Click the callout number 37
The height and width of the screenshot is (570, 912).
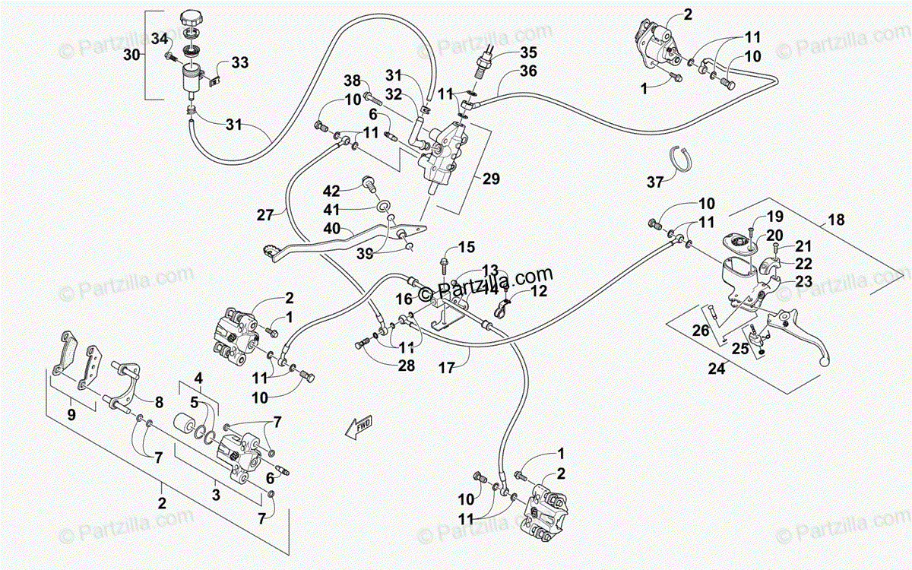click(655, 182)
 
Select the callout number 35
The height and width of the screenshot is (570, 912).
click(528, 52)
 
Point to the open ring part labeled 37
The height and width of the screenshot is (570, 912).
click(682, 157)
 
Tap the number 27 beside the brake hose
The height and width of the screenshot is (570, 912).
click(264, 215)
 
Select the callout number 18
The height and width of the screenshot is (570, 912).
click(836, 220)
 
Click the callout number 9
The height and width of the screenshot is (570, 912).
click(71, 415)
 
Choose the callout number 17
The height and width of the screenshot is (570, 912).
click(446, 368)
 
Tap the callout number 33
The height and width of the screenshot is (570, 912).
click(239, 63)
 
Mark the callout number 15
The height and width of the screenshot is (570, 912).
click(466, 247)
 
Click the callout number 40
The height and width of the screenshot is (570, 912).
click(331, 228)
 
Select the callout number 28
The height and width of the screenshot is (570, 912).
click(407, 366)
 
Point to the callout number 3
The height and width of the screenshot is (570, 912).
click(216, 496)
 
